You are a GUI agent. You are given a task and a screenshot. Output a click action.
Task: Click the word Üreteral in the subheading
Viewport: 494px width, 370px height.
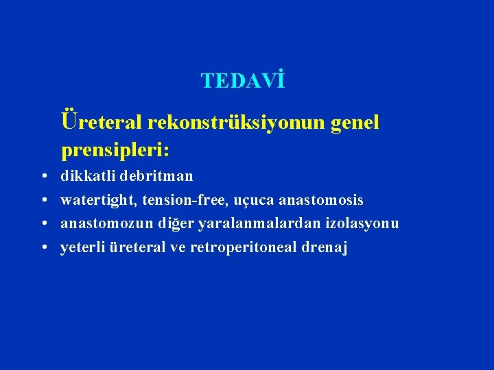[102, 122]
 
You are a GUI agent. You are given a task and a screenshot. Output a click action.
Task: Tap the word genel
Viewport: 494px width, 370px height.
[355, 122]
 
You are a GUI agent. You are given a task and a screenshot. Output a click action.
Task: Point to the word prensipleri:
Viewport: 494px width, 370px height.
[116, 147]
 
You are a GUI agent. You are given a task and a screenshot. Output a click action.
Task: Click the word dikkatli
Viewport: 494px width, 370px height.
[88, 176]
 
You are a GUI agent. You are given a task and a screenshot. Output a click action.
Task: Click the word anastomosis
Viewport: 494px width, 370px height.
[322, 200]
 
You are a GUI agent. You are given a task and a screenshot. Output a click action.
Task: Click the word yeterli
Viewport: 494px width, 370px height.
[82, 247]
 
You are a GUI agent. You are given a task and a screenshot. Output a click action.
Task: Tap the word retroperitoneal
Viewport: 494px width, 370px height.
[244, 247]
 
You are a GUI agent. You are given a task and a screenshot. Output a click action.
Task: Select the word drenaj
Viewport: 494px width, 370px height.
[325, 247]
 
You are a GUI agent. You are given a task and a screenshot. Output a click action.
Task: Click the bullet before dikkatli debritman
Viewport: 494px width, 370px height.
[43, 177]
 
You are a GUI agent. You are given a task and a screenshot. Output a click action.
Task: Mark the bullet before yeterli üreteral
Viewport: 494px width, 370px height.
[43, 248]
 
